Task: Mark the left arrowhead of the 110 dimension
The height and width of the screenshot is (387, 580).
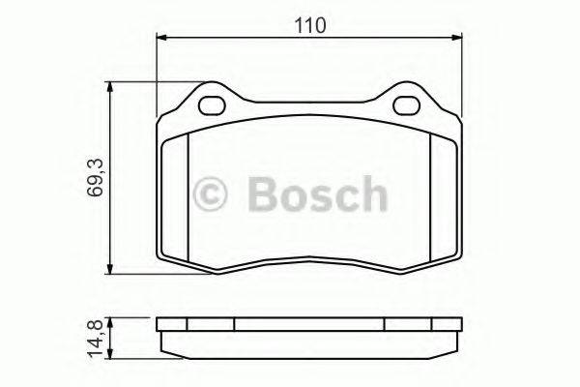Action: point(161,38)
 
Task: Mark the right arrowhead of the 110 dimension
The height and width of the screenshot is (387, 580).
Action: point(455,38)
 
